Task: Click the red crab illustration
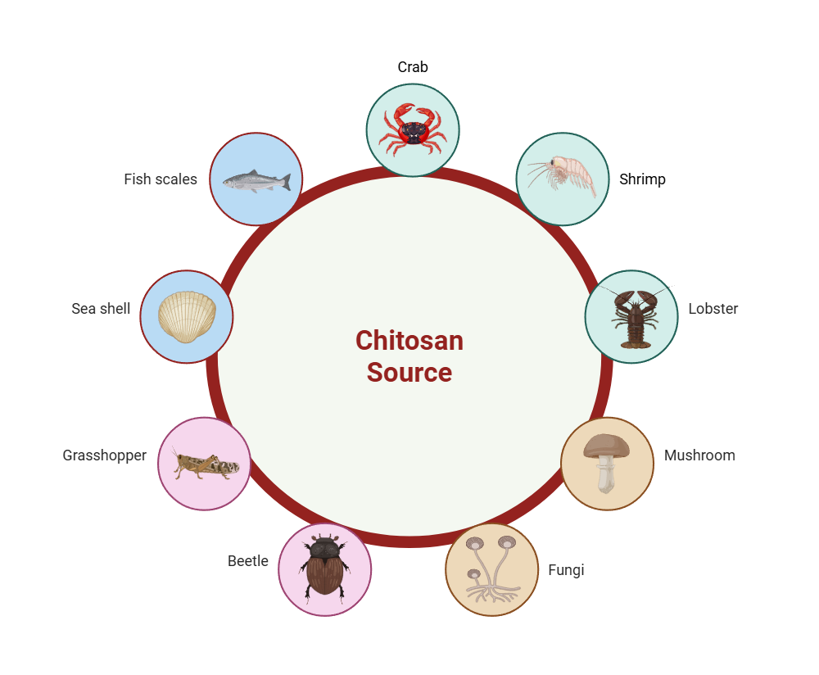click(x=413, y=129)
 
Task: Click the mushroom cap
click(x=607, y=446)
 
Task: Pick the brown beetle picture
click(x=325, y=567)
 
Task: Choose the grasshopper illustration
click(x=205, y=464)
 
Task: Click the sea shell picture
click(x=187, y=316)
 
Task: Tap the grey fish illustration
click(x=256, y=180)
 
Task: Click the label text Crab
click(x=413, y=67)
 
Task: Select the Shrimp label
click(x=642, y=179)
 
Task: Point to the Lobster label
click(x=713, y=309)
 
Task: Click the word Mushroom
click(x=699, y=455)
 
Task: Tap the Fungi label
click(x=566, y=570)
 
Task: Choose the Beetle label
click(x=248, y=561)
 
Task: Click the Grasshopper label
click(x=105, y=455)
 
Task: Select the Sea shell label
click(x=101, y=309)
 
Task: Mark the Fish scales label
click(x=161, y=179)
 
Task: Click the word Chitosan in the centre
click(x=409, y=341)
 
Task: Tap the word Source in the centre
click(x=409, y=373)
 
